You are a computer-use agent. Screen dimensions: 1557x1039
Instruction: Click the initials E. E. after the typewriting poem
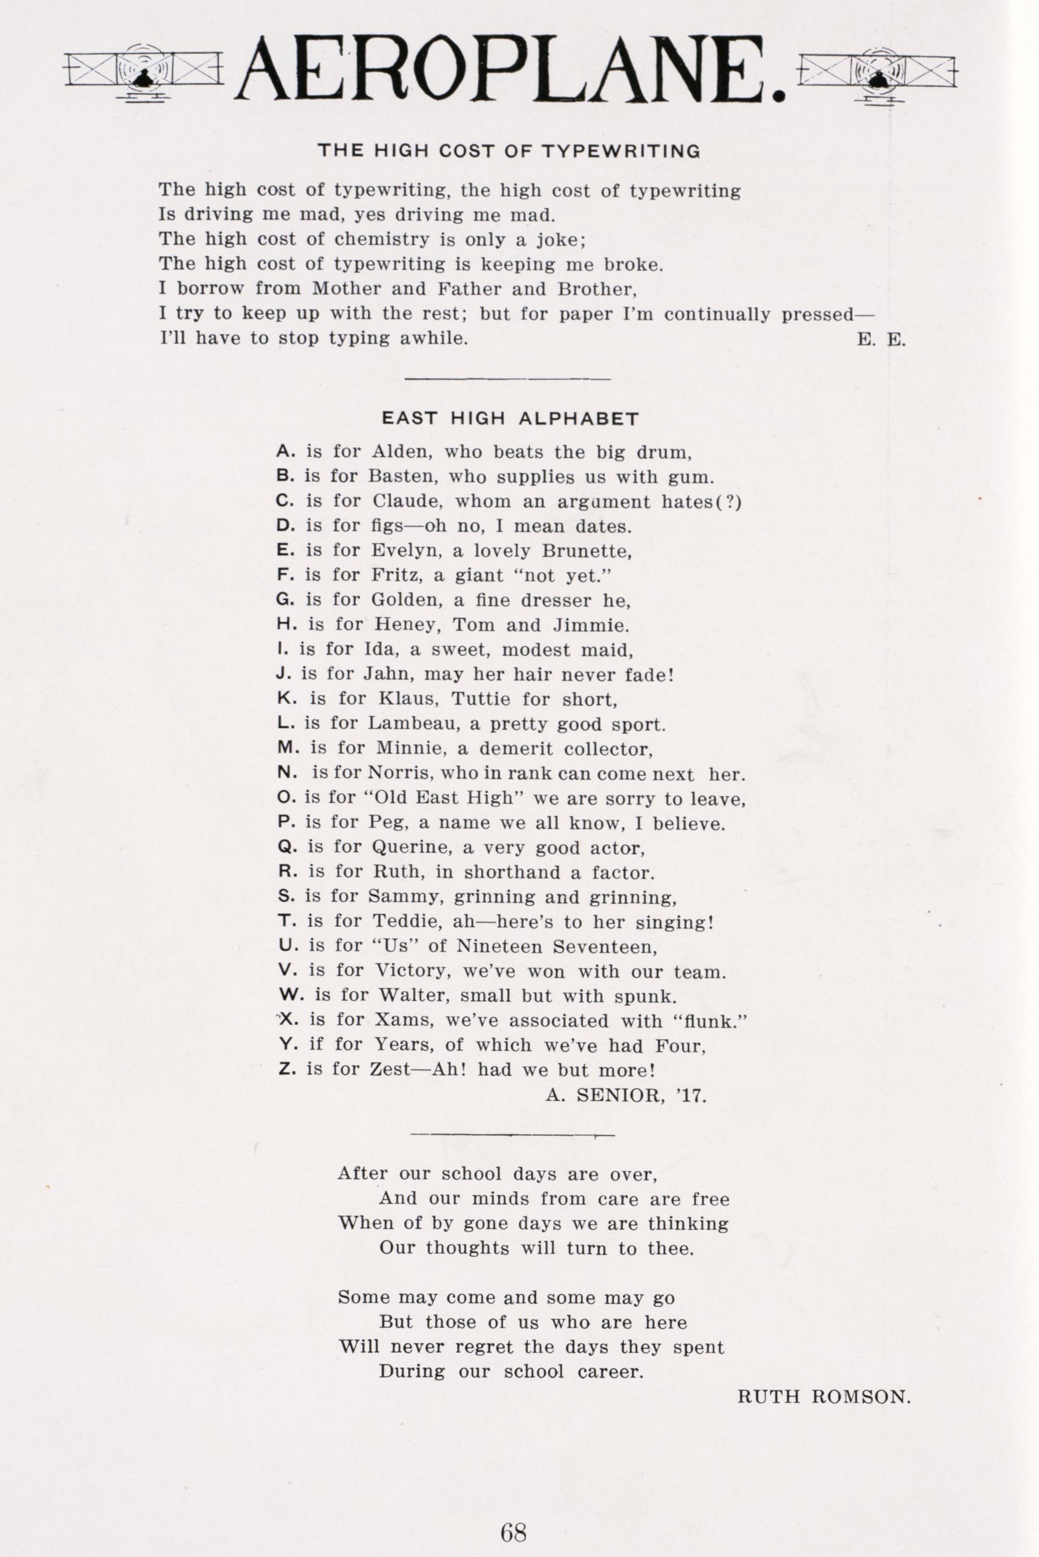881,340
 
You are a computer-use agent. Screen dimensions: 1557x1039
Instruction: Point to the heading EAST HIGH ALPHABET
510,419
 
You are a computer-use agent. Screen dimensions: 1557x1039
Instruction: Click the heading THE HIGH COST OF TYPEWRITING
509,151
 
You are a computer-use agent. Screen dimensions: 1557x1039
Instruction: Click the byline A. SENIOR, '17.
626,1095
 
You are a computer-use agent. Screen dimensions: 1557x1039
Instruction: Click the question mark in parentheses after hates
730,503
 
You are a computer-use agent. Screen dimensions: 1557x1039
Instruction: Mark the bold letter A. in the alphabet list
286,452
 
